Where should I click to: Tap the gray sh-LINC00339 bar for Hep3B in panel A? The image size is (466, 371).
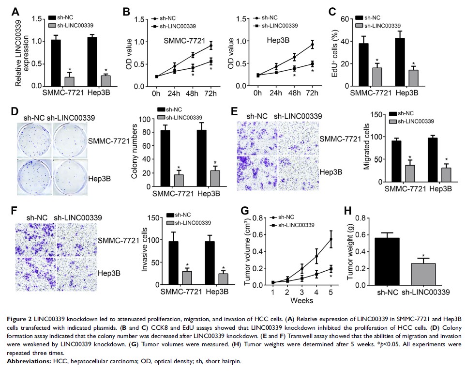tap(105, 80)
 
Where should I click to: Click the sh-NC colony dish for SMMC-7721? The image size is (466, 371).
tap(34, 139)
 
